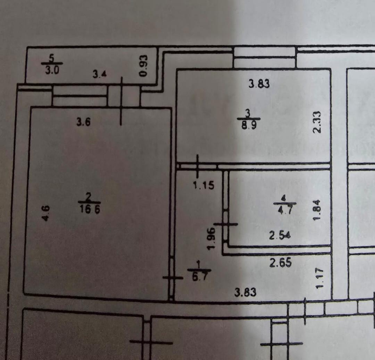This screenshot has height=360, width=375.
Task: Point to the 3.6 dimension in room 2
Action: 83,122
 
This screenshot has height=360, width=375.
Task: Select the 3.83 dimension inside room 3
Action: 259,84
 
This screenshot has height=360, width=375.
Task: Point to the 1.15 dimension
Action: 204,186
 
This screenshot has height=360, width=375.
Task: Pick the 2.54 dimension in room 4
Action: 280,236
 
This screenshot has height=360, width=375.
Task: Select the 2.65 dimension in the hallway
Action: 281,263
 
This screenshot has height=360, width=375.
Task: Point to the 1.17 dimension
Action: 319,277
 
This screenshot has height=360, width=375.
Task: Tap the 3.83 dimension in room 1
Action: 245,293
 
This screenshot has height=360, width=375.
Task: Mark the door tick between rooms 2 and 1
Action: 172,277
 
